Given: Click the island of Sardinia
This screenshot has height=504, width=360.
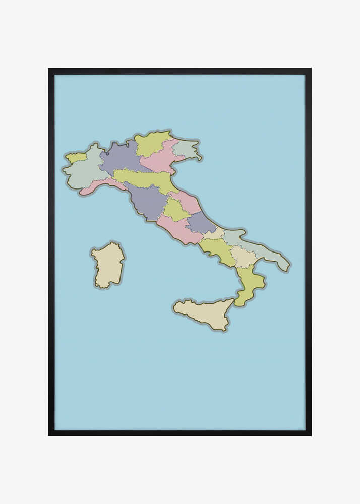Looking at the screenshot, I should (x=108, y=266).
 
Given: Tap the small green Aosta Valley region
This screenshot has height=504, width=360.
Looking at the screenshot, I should (x=76, y=157).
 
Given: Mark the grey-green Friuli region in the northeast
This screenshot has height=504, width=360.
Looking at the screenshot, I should (x=185, y=149).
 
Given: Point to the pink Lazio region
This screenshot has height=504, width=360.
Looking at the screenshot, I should (x=176, y=229).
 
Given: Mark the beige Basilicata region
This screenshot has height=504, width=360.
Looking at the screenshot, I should (x=244, y=257).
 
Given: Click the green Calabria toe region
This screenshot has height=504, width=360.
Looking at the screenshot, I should (x=249, y=285).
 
